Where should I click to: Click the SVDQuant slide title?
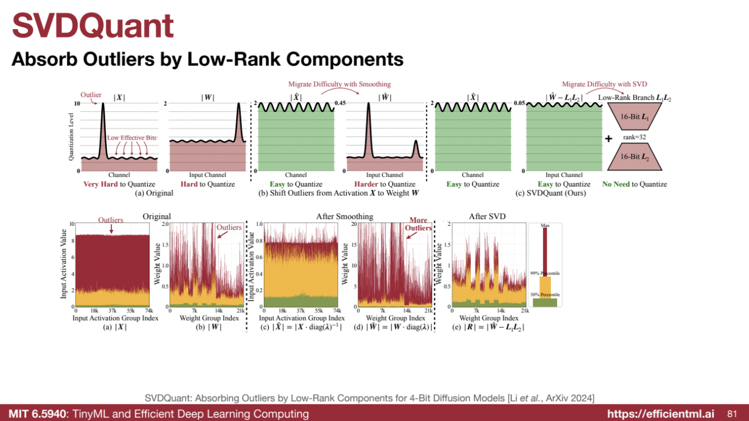point(93,25)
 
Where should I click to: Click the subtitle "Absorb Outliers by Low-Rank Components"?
point(208,59)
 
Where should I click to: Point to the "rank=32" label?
point(634,137)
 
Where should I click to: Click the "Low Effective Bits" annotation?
point(132,139)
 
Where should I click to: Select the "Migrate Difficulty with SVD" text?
point(605,84)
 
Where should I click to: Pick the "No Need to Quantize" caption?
point(634,184)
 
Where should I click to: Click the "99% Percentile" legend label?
point(545,273)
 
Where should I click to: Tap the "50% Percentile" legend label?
point(545,294)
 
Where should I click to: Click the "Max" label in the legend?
point(545,226)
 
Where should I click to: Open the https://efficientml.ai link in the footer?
point(659,414)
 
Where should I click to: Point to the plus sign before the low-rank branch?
point(609,139)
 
